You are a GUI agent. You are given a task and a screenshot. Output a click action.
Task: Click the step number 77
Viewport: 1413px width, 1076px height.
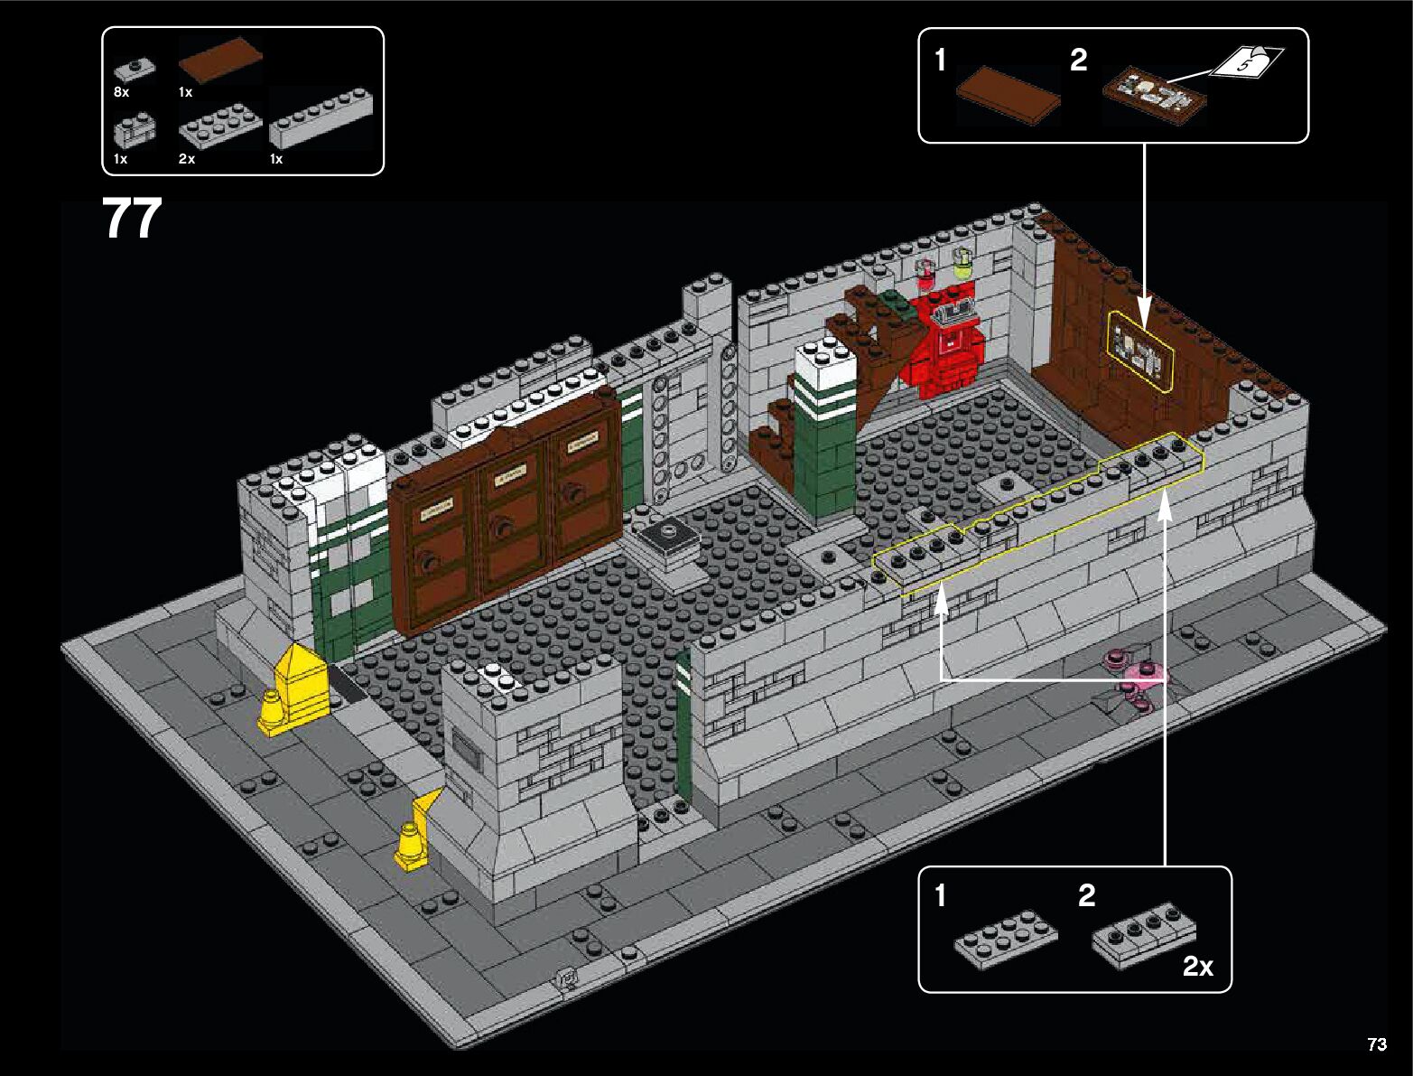[132, 220]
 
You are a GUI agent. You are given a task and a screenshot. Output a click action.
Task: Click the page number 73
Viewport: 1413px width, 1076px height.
[1376, 1044]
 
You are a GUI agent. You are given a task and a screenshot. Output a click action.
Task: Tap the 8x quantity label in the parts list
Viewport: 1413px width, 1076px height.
[122, 92]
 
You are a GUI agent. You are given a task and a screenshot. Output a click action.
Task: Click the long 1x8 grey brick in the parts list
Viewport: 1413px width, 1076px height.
[321, 118]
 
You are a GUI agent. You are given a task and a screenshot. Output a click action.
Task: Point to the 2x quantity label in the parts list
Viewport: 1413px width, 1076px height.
[187, 159]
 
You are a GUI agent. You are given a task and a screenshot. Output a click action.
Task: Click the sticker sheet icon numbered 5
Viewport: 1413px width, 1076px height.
[1246, 63]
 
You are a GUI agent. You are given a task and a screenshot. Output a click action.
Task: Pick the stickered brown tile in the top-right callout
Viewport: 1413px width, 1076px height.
[1154, 94]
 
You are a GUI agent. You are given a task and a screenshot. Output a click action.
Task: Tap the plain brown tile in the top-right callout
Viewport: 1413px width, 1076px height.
[1009, 93]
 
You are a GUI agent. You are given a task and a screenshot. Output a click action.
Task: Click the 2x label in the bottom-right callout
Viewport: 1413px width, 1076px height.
[1198, 967]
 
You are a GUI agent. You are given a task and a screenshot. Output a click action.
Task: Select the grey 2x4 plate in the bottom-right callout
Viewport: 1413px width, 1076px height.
[1005, 940]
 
